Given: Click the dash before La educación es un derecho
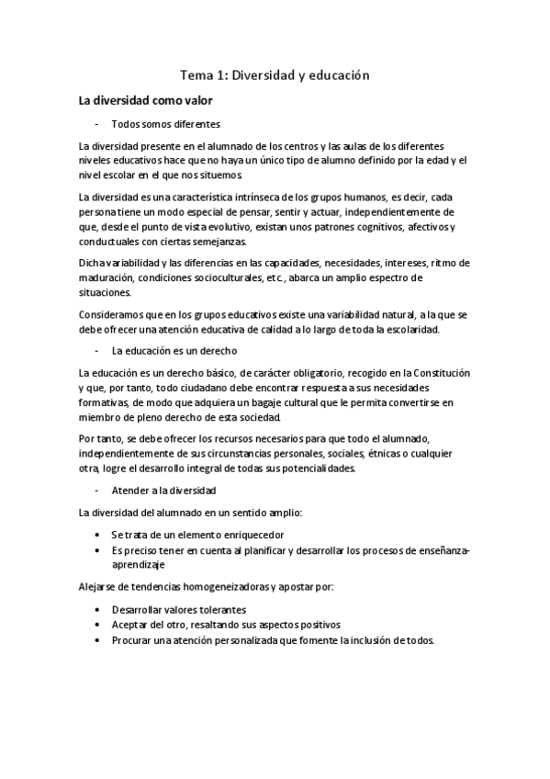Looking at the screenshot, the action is tap(96, 351).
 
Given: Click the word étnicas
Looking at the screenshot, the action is tap(386, 454).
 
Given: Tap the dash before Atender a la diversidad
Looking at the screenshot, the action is tap(96, 491).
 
